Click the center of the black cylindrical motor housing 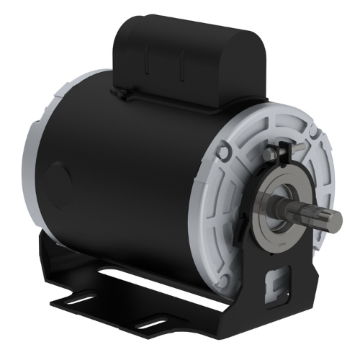[x=122, y=173]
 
